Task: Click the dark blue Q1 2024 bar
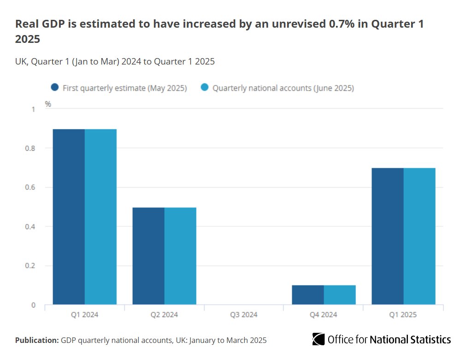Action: [69, 217]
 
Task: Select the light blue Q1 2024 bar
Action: [100, 217]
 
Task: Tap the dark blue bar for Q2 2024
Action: [148, 256]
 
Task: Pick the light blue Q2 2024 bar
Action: [180, 256]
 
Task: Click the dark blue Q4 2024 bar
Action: [308, 295]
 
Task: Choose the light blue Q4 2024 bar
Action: [340, 295]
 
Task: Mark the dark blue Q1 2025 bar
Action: [388, 236]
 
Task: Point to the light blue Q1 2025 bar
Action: [419, 236]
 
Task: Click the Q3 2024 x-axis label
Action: [243, 315]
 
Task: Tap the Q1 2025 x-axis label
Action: [403, 315]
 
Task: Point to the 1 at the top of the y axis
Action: [33, 109]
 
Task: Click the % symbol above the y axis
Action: [48, 104]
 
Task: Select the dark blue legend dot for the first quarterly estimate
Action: [55, 88]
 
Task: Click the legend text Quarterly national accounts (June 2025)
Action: [283, 88]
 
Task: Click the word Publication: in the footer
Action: [37, 341]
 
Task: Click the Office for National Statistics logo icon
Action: [318, 340]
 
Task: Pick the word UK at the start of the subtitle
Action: [21, 61]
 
